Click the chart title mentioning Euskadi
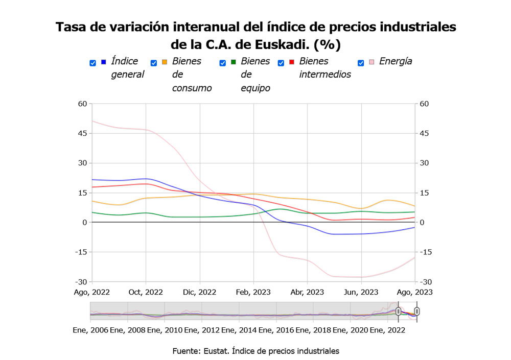pyautogui.click(x=255, y=35)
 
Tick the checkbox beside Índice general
pyautogui.click(x=92, y=63)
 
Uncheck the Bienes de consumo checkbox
pyautogui.click(x=154, y=63)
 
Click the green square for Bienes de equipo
pyautogui.click(x=234, y=62)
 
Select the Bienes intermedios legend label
pyautogui.click(x=325, y=68)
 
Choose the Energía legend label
pyautogui.click(x=396, y=61)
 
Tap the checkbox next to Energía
pyautogui.click(x=361, y=63)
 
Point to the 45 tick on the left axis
pyautogui.click(x=82, y=133)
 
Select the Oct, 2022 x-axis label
pyautogui.click(x=146, y=293)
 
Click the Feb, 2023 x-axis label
pyautogui.click(x=253, y=293)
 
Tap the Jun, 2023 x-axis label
pyautogui.click(x=361, y=293)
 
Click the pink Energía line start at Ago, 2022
pyautogui.click(x=92, y=121)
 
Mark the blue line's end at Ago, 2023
pyautogui.click(x=414, y=227)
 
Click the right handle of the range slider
pyautogui.click(x=417, y=311)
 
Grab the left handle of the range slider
pyautogui.click(x=398, y=311)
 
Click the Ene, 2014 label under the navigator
pyautogui.click(x=239, y=330)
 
